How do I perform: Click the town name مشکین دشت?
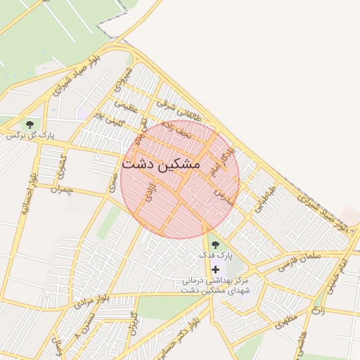tap(161, 163)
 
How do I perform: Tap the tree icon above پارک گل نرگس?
tap(29, 124)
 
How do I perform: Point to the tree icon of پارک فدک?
tap(215, 244)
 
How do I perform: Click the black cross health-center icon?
tap(215, 269)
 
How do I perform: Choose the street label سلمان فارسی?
tap(300, 260)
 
